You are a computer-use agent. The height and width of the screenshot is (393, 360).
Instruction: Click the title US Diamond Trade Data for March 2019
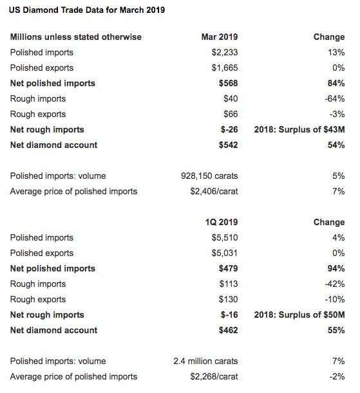pos(87,10)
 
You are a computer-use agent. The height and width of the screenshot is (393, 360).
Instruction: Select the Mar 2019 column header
pos(220,37)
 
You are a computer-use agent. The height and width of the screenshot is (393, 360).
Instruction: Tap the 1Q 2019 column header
pos(222,222)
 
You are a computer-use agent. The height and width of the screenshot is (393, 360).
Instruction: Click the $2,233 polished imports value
pos(225,52)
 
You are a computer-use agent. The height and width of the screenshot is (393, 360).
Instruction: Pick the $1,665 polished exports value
pos(225,68)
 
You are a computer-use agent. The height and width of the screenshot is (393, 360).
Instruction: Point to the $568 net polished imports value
pos(228,83)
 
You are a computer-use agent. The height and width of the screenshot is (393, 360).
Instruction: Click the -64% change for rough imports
pos(335,99)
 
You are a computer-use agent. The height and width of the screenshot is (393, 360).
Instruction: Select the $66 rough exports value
pos(231,114)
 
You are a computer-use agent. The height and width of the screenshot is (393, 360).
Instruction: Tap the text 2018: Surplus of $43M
pos(299,129)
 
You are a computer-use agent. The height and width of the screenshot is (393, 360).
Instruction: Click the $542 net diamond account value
pos(228,145)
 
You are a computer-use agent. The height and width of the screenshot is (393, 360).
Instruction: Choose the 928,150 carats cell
pos(209,176)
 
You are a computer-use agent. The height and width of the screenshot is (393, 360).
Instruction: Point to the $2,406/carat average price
pos(214,192)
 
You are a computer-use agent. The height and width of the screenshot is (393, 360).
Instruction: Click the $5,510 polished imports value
pos(225,237)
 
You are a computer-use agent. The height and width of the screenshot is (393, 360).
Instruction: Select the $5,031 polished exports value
pos(225,253)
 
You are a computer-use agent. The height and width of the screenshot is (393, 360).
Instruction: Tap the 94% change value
pos(336,268)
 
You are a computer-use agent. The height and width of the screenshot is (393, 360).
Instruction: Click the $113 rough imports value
pos(228,284)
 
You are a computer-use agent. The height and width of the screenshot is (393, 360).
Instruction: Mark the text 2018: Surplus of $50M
pos(299,315)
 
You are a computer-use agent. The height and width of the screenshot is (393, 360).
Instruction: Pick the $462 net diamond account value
pos(228,330)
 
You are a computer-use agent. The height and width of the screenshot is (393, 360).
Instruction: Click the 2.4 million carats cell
pos(205,361)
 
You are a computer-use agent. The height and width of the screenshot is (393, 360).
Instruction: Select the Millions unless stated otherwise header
pos(76,37)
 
